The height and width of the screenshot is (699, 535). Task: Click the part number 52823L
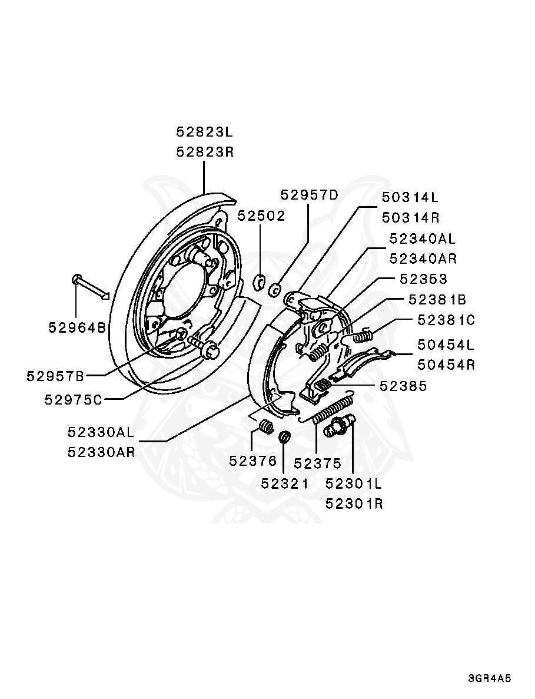click(204, 131)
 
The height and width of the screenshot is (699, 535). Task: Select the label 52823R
click(204, 152)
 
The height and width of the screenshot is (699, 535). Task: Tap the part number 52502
click(261, 216)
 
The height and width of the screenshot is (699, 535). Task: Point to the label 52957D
click(310, 195)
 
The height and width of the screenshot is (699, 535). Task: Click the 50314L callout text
click(410, 197)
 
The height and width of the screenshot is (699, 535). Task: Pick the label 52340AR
click(423, 259)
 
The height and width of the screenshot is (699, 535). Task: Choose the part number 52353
click(423, 279)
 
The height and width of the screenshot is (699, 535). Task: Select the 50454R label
click(446, 365)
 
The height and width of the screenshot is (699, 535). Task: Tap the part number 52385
click(403, 386)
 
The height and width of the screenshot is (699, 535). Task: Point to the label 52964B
click(77, 327)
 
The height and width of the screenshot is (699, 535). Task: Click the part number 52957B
click(55, 376)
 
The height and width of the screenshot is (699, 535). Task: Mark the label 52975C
click(74, 399)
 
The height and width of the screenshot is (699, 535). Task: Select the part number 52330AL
click(101, 432)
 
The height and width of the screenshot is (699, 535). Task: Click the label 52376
click(253, 461)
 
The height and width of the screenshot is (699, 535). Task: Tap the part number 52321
click(285, 483)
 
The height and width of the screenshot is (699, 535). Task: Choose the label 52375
click(318, 463)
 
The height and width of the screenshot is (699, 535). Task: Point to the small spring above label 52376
click(267, 426)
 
